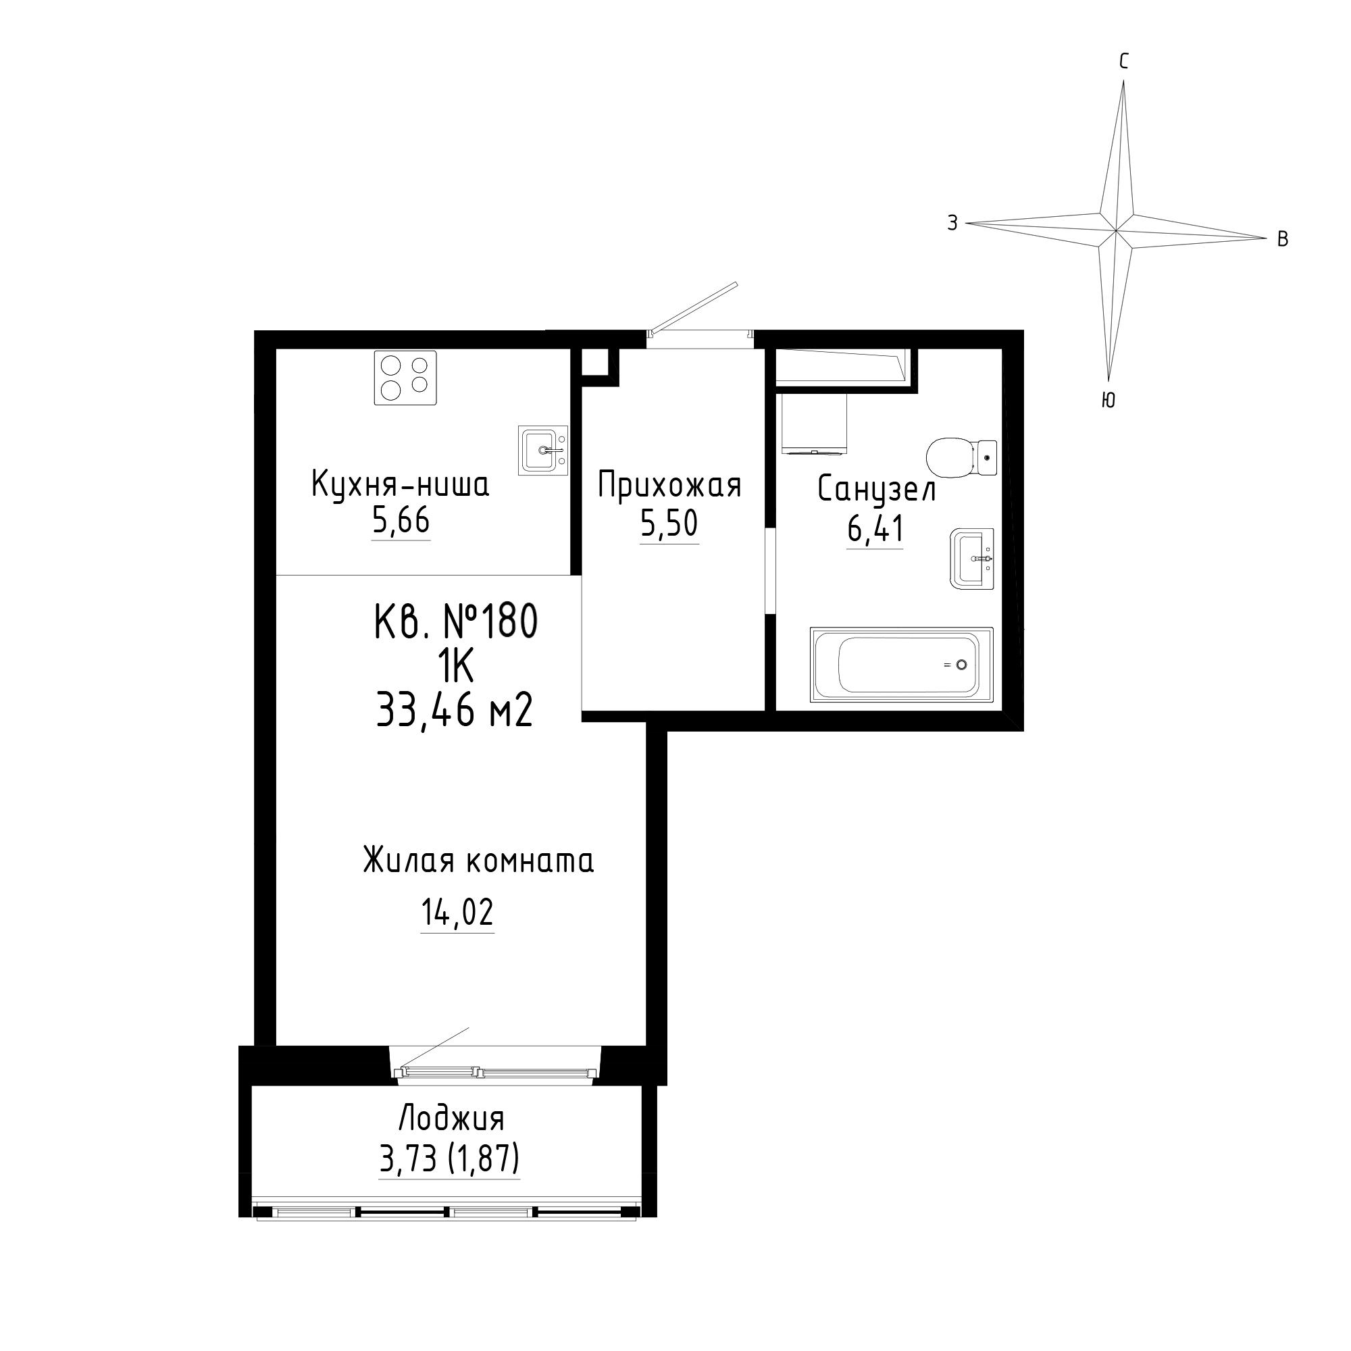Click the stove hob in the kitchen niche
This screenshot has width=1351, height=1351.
point(405,378)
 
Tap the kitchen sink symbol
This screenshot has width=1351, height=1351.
point(542,451)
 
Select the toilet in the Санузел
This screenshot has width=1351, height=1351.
point(961,459)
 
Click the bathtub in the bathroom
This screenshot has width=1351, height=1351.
point(901,664)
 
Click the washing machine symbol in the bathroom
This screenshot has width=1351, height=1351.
point(814,424)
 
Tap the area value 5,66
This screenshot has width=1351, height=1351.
point(401,521)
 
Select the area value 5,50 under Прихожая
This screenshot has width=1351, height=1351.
point(669,524)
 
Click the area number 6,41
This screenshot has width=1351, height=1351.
point(875,528)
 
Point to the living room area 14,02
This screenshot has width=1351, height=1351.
point(457,912)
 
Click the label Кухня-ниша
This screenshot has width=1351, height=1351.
point(400,484)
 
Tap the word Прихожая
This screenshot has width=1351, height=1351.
point(669,485)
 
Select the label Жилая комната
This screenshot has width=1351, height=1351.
point(478,860)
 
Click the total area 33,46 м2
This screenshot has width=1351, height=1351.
point(455,709)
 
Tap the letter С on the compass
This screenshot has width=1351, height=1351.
point(1124,62)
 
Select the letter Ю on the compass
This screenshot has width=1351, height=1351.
point(1108,400)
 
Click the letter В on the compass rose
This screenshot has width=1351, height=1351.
point(1283,239)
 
